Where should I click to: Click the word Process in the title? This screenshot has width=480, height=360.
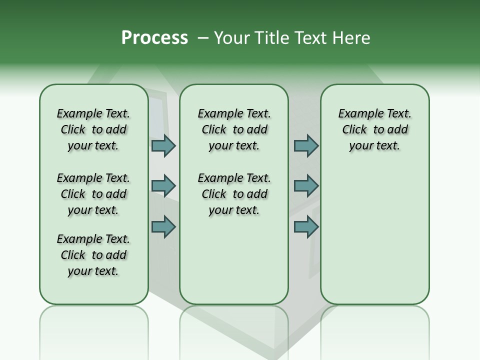click(154, 38)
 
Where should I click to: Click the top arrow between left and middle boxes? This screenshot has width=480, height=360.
click(163, 145)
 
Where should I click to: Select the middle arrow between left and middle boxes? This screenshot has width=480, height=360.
click(163, 186)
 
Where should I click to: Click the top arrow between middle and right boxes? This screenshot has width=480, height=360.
click(306, 145)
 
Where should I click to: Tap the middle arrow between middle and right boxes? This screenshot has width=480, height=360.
click(306, 186)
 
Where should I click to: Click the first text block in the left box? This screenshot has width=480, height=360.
click(93, 129)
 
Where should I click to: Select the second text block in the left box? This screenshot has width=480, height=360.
click(93, 194)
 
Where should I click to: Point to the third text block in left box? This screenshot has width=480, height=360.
click(93, 255)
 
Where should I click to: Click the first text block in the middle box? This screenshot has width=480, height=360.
click(234, 129)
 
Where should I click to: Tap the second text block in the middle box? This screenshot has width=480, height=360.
click(234, 194)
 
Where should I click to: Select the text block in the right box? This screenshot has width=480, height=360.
click(374, 129)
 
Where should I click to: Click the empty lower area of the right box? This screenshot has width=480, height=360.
click(374, 235)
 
